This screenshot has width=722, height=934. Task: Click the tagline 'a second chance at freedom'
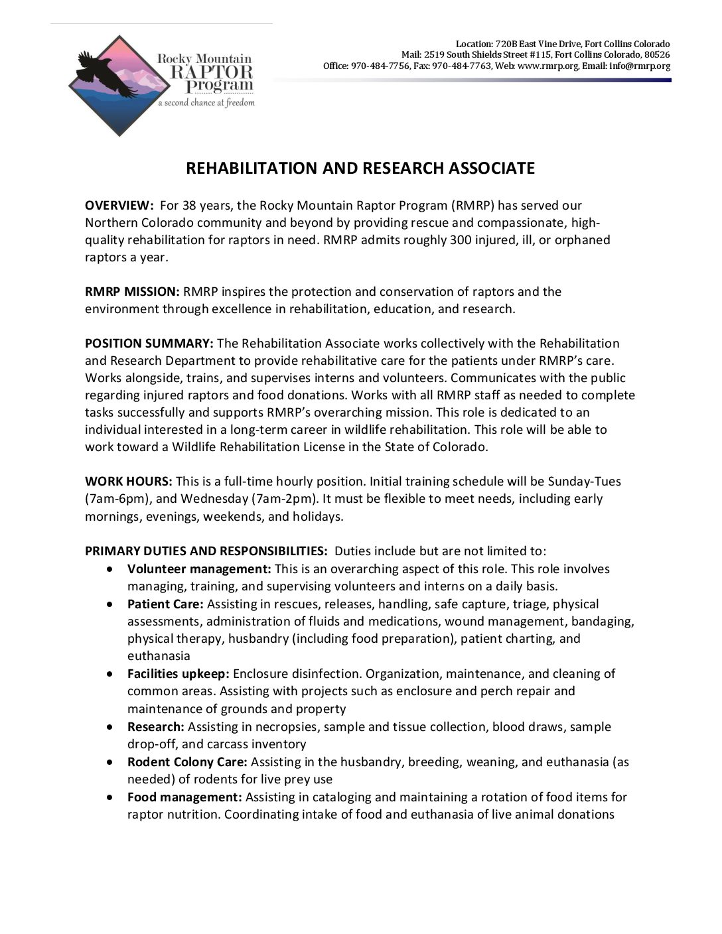[x=206, y=103]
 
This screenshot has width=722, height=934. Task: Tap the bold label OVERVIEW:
[x=119, y=206]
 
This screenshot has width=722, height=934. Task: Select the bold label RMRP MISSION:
[x=132, y=292]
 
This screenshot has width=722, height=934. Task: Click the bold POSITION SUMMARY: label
[x=149, y=344]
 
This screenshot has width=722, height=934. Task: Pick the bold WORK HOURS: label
[x=128, y=482]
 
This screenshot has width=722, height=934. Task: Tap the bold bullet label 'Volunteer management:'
[x=199, y=569]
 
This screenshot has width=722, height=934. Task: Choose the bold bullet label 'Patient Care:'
[x=165, y=604]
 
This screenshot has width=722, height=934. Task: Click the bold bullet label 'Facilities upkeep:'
[x=178, y=674]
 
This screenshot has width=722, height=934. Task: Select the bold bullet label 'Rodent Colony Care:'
[x=187, y=762]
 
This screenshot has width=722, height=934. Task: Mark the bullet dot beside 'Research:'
[x=110, y=727]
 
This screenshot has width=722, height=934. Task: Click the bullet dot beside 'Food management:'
[x=110, y=797]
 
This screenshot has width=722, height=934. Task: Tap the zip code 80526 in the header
[x=656, y=55]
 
